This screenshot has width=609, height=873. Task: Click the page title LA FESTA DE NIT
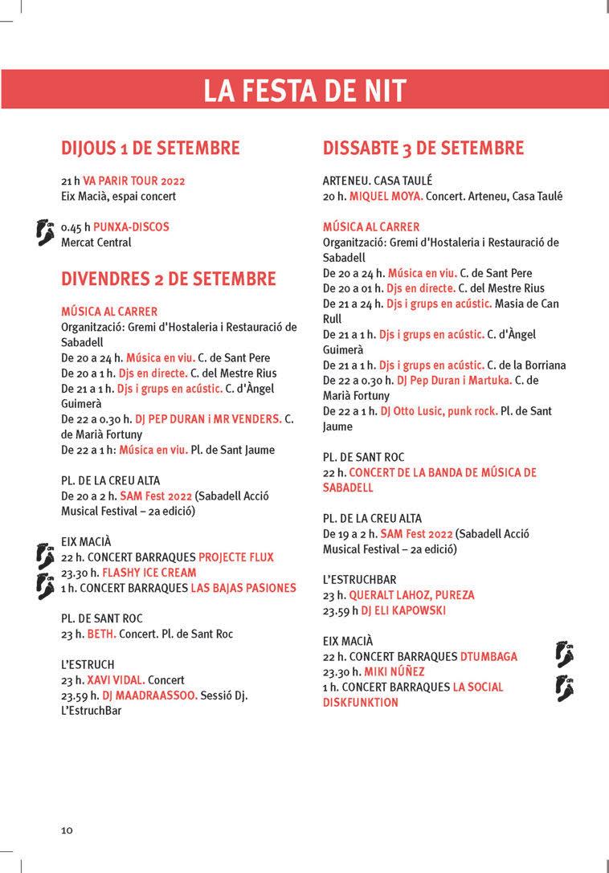coord(304,90)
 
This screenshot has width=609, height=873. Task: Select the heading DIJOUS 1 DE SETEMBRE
coord(150,148)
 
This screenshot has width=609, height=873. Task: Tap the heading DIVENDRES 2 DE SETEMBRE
coord(169,279)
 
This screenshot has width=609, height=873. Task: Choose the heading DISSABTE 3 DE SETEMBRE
coord(423,148)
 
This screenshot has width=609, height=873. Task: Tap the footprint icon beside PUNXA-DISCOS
coord(46,232)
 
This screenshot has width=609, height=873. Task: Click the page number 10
coord(67,830)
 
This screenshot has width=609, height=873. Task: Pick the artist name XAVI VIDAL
coord(115,680)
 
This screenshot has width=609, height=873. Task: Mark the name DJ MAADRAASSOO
coord(149,696)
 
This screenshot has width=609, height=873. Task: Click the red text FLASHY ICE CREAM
coord(149,573)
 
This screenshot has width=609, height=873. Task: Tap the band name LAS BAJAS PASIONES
coord(243,588)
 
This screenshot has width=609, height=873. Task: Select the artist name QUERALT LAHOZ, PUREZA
coord(411,595)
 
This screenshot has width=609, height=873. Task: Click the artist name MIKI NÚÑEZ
coord(394,671)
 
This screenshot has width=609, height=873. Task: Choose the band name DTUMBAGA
coord(488,656)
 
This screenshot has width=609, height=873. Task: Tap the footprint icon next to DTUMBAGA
coord(564,655)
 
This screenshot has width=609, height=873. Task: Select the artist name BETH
coord(101,634)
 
